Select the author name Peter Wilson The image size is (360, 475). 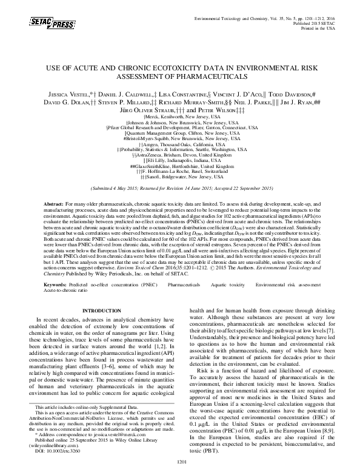pyautogui.click(x=227, y=111)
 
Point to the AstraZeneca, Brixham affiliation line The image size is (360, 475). pyautogui.click(x=179, y=155)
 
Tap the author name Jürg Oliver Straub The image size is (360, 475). pyautogui.click(x=155, y=111)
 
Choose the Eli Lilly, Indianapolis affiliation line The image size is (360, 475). pyautogui.click(x=179, y=161)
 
